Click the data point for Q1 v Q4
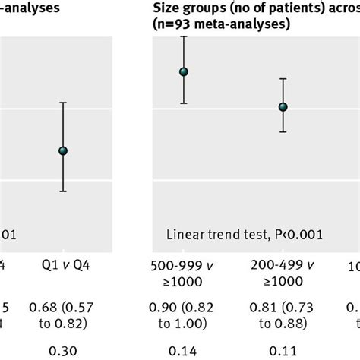tap(63, 151)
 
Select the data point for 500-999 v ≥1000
tap(183, 72)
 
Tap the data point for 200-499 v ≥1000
tap(283, 107)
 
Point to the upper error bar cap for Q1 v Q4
tap(63, 103)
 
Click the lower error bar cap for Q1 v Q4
tap(63, 191)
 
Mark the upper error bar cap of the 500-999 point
tap(183, 43)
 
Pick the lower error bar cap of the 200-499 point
tap(283, 132)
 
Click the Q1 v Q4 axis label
tap(63, 265)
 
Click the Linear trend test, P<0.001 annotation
tap(244, 235)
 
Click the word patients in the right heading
tap(292, 9)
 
